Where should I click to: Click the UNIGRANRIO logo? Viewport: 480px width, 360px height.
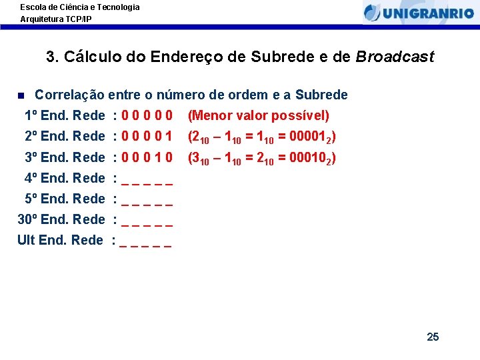tap(419, 12)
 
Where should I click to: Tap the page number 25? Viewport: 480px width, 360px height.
tap(433, 337)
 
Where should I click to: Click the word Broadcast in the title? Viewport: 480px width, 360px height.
tap(395, 57)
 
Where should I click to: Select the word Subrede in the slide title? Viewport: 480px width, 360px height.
tap(277, 57)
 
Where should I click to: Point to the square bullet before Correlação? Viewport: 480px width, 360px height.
tap(21, 95)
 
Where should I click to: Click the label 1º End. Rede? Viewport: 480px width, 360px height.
tap(65, 116)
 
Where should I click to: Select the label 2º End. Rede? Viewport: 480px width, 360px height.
tap(65, 137)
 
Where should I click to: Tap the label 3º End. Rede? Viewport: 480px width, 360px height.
tap(65, 157)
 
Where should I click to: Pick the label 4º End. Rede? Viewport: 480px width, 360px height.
tap(65, 178)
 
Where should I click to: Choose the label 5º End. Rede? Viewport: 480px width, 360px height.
tap(65, 199)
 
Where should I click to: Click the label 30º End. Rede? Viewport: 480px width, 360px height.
tap(61, 219)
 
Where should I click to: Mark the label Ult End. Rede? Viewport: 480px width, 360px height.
tap(60, 240)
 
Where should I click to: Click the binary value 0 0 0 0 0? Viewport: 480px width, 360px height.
tap(147, 116)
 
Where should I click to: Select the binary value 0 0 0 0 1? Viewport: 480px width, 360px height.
tap(147, 137)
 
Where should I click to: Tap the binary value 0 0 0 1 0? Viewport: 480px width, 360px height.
tap(147, 157)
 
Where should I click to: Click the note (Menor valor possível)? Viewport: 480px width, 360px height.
tap(259, 116)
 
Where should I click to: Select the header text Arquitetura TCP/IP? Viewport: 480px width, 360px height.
tap(56, 19)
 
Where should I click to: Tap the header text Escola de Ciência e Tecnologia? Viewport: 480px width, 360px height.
tap(80, 7)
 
